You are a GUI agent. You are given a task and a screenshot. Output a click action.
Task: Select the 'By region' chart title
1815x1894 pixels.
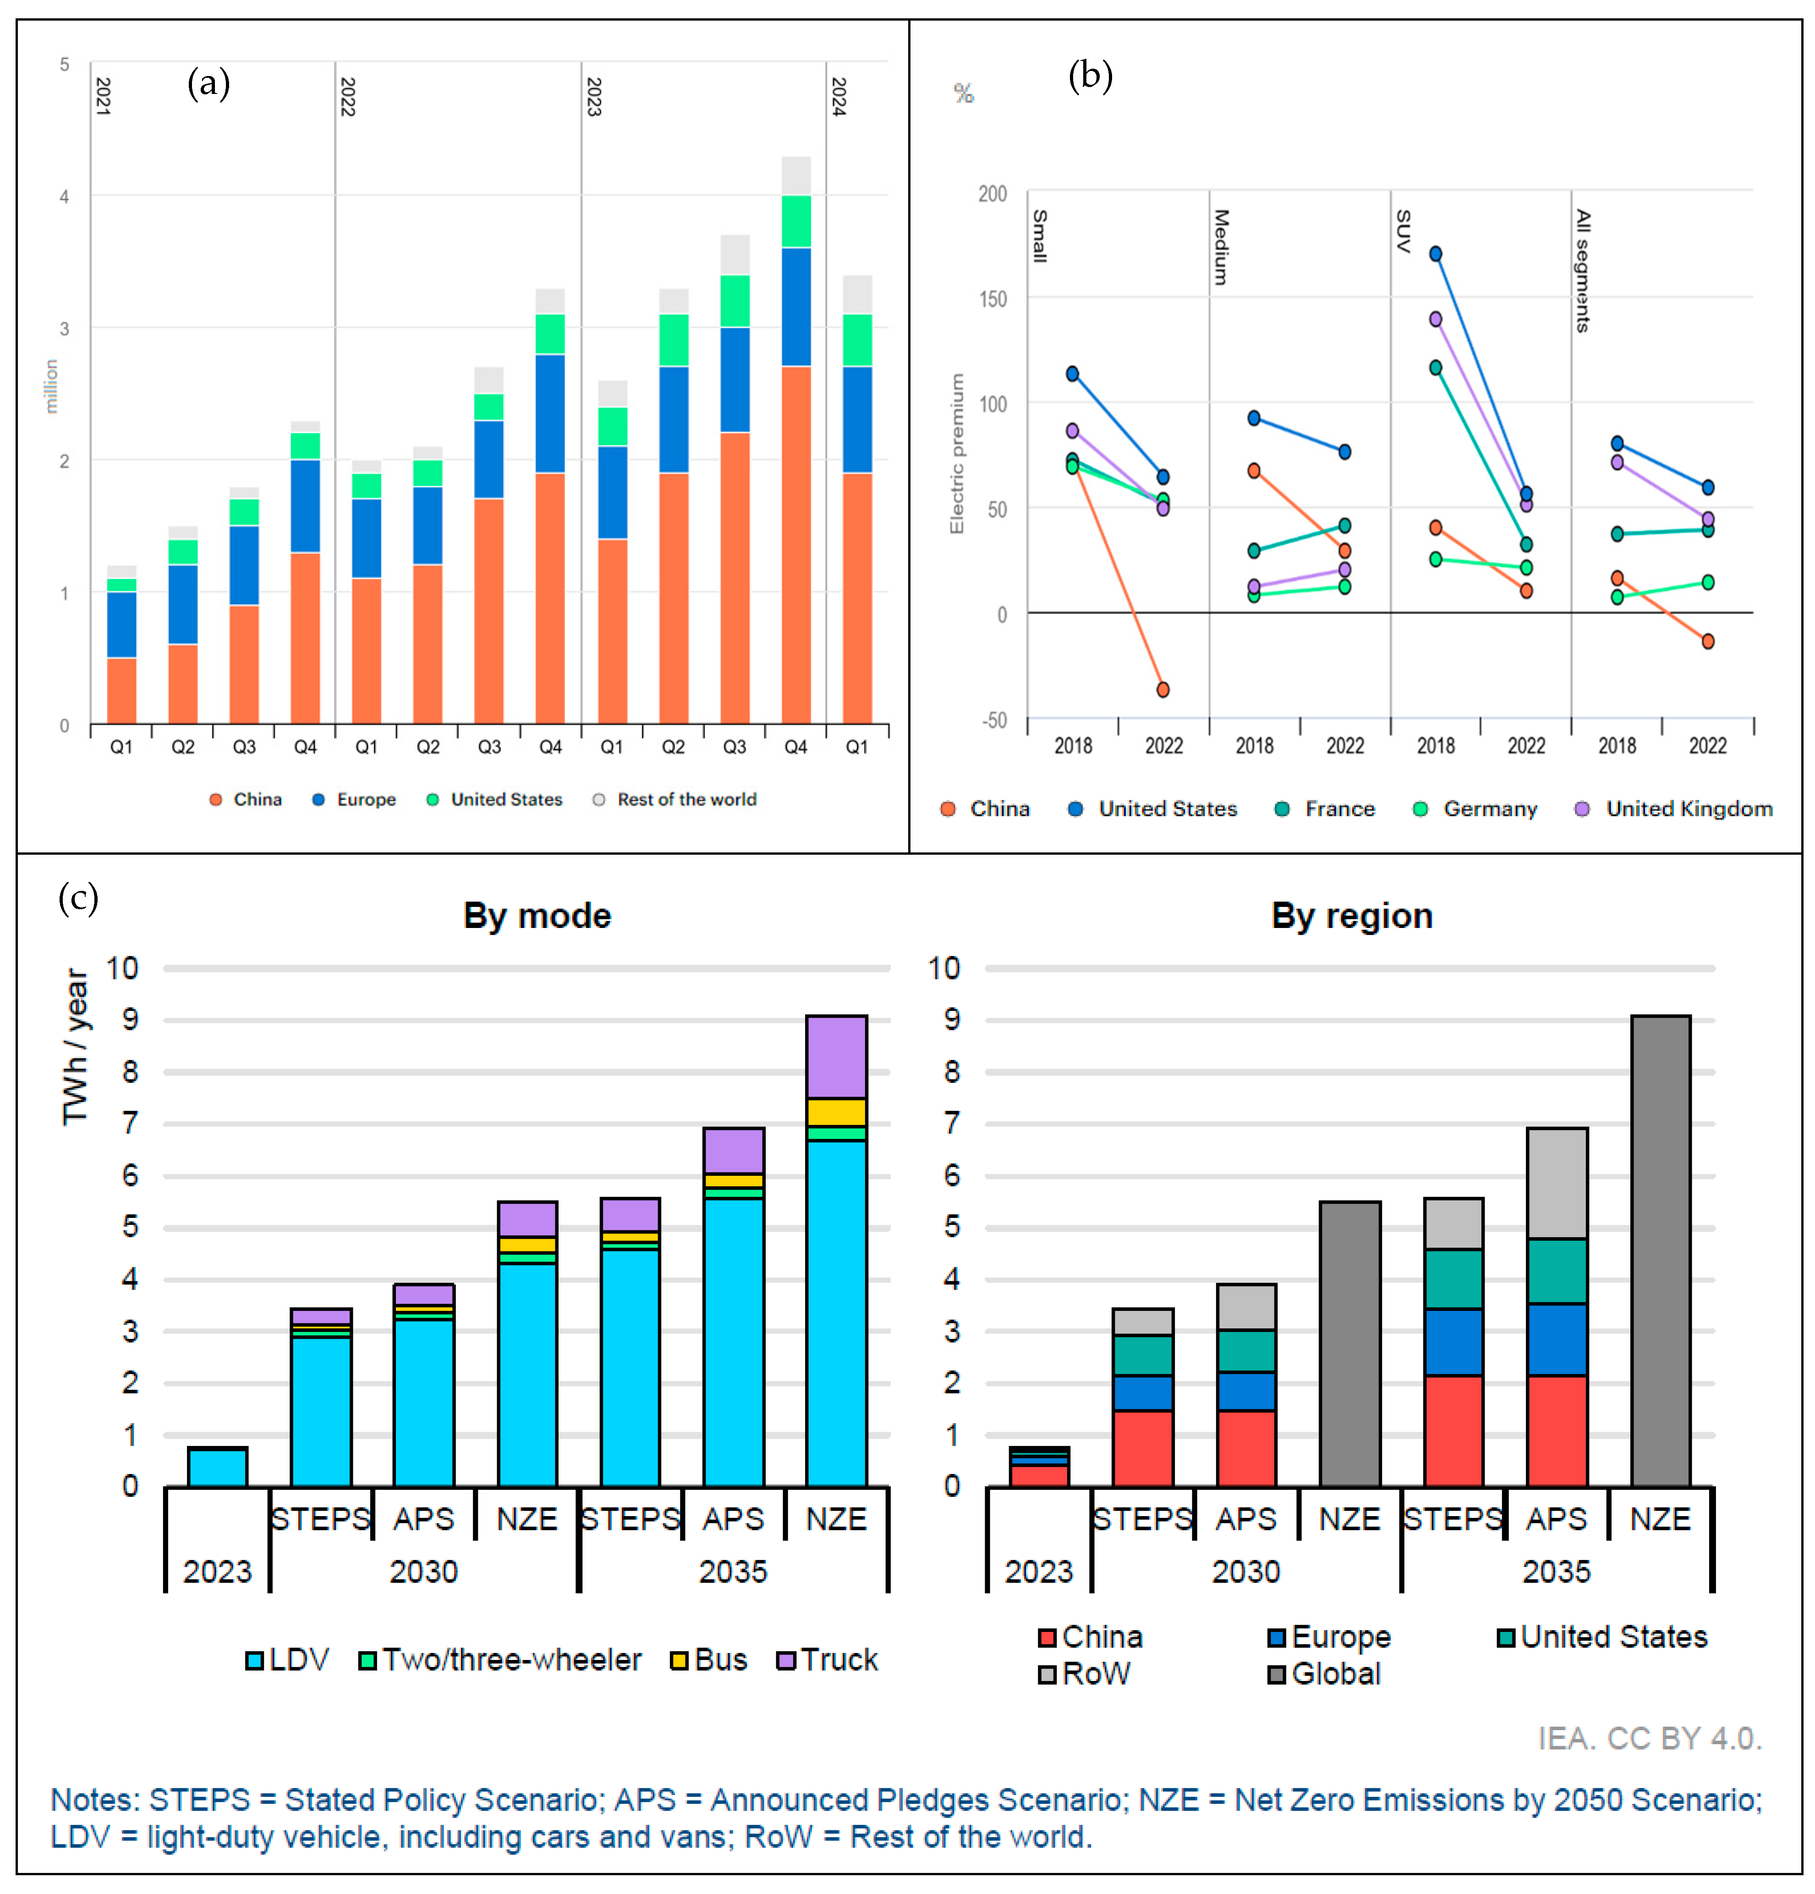[x=1351, y=915]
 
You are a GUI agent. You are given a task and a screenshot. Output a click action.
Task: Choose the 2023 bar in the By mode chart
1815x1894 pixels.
[x=218, y=1466]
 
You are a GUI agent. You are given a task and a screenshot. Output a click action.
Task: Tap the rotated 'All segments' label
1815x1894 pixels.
[x=1582, y=271]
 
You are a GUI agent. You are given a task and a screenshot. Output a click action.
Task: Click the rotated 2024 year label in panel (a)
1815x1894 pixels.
[x=839, y=97]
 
